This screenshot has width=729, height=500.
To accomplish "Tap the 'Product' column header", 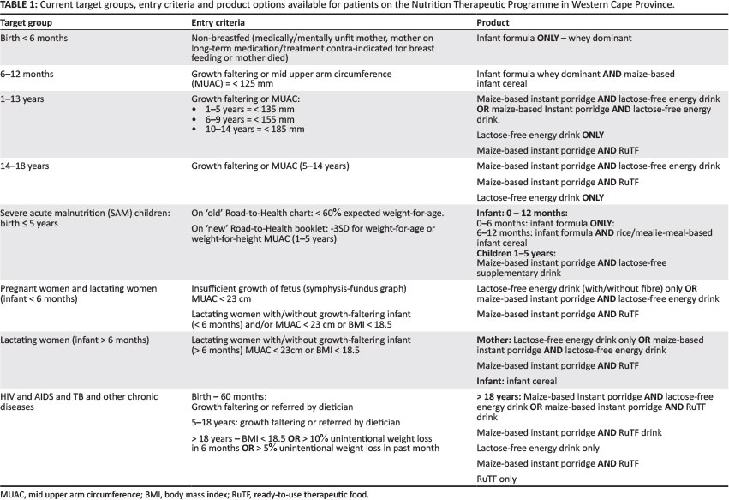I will tap(493, 22).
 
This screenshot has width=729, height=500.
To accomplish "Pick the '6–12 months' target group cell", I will tap(29, 75).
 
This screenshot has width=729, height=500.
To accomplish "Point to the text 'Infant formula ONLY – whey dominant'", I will tap(554, 39).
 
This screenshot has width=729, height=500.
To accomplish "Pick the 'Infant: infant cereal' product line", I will tap(521, 380).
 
